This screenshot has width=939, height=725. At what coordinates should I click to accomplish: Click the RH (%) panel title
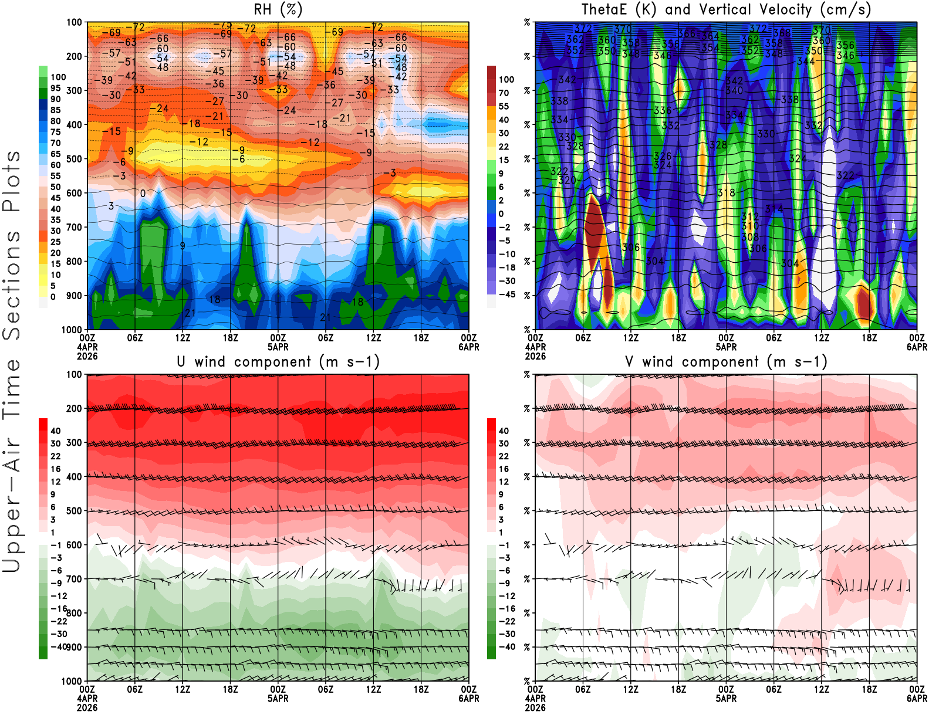tap(278, 10)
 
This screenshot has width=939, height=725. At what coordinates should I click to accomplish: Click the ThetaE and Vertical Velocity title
tap(726, 10)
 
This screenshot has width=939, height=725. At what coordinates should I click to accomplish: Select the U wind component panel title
tap(278, 362)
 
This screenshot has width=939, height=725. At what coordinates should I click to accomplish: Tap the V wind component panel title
tap(726, 362)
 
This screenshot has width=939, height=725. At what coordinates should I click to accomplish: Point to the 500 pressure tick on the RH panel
tap(74, 159)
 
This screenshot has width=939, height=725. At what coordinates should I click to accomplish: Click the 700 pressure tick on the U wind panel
tap(74, 579)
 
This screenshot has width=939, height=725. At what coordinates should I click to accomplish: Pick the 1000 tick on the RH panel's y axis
tap(72, 330)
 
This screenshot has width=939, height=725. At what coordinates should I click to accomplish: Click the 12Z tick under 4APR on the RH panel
tap(183, 338)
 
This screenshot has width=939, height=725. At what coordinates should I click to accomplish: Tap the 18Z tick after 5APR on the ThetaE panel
tap(869, 338)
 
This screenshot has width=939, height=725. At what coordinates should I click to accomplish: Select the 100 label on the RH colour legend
tap(58, 77)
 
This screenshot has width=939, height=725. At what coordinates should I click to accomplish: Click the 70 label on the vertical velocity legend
tap(504, 93)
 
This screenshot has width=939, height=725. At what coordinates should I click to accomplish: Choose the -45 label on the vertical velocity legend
tap(506, 294)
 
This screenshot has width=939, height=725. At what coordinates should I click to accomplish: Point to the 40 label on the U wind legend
tap(56, 431)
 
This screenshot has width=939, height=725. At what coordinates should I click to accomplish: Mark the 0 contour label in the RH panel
tap(143, 194)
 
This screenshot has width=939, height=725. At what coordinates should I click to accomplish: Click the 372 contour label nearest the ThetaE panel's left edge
tap(583, 28)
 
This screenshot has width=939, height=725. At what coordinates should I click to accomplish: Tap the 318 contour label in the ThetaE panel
tap(726, 193)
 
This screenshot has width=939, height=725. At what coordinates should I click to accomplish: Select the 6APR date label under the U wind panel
tap(468, 699)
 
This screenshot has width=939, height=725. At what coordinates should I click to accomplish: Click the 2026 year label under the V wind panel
tap(535, 708)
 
